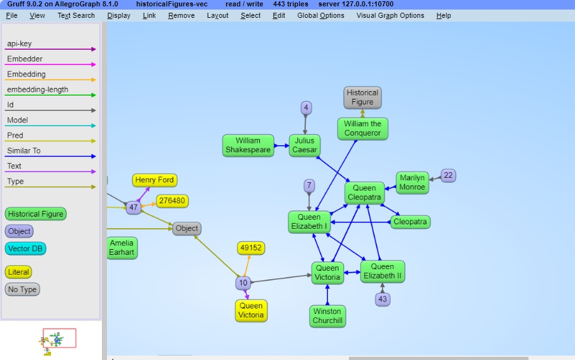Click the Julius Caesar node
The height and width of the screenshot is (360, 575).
click(304, 145)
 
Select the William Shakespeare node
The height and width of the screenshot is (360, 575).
click(248, 145)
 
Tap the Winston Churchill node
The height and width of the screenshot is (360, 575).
click(327, 316)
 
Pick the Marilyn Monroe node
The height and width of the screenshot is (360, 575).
click(412, 183)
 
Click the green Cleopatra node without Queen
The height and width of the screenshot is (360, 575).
click(410, 222)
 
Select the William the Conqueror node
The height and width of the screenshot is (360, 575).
click(362, 129)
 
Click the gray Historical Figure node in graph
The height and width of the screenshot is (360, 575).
click(362, 97)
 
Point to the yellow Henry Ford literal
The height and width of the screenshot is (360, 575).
click(155, 180)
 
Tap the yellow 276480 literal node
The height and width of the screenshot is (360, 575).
click(172, 201)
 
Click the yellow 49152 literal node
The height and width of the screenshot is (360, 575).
click(251, 248)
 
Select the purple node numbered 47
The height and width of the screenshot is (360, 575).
click(133, 207)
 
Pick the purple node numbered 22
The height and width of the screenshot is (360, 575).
click(448, 175)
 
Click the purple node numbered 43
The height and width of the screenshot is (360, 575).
click(382, 299)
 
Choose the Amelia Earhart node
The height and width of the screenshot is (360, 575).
click(122, 248)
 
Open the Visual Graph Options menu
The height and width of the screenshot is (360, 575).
click(390, 15)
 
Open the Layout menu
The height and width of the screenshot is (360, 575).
click(217, 15)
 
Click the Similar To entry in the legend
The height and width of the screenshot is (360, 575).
click(24, 151)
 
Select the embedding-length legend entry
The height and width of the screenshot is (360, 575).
click(38, 90)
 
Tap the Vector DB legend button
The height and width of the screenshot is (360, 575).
click(25, 248)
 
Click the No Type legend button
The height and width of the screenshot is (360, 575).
click(22, 289)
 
